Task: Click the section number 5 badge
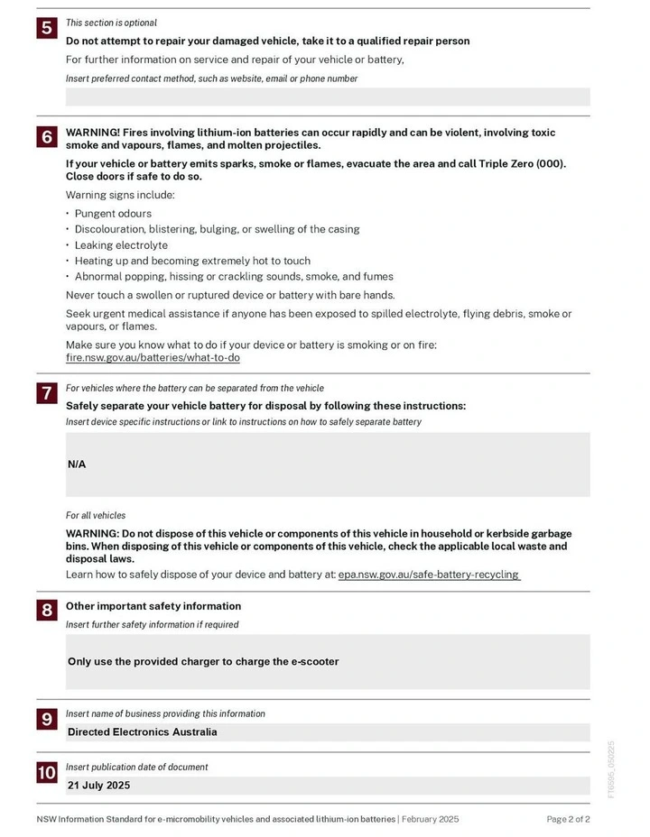pyautogui.click(x=46, y=28)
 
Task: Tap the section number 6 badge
pyautogui.click(x=46, y=137)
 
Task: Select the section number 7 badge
pyautogui.click(x=46, y=393)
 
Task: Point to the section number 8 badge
pyautogui.click(x=46, y=611)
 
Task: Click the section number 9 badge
pyautogui.click(x=46, y=719)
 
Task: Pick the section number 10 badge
pyautogui.click(x=46, y=773)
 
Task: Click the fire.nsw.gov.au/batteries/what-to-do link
pyautogui.click(x=153, y=358)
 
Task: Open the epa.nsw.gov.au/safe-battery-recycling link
pyautogui.click(x=429, y=575)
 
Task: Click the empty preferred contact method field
pyautogui.click(x=328, y=97)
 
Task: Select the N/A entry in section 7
pyautogui.click(x=77, y=464)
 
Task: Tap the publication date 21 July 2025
pyautogui.click(x=98, y=786)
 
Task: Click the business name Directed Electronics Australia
pyautogui.click(x=142, y=732)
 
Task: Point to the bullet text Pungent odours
pyautogui.click(x=113, y=214)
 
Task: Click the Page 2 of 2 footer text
pyautogui.click(x=568, y=819)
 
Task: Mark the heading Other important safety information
pyautogui.click(x=153, y=606)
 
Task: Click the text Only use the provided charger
pyautogui.click(x=203, y=661)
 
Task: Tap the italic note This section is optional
pyautogui.click(x=111, y=23)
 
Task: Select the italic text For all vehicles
pyautogui.click(x=96, y=516)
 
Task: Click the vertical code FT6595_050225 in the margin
pyautogui.click(x=611, y=769)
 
